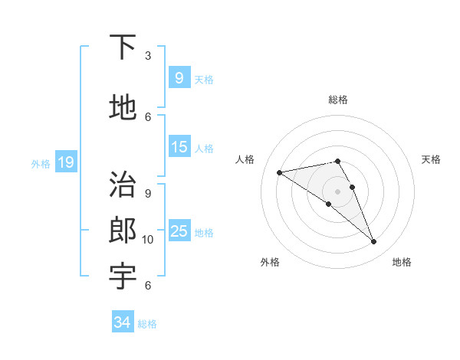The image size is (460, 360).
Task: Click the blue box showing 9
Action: (179, 78)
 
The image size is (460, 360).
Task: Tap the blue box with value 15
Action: (179, 147)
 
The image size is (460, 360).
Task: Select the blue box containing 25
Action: (179, 231)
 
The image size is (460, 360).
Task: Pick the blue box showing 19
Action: (65, 162)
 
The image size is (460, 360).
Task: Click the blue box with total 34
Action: (122, 322)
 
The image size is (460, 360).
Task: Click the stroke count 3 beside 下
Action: (147, 55)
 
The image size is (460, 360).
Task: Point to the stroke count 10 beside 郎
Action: (148, 240)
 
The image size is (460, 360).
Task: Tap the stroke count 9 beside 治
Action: (147, 193)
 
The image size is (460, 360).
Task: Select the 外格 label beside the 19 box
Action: (40, 163)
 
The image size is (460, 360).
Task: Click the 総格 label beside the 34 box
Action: (147, 324)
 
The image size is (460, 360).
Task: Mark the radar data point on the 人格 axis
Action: (279, 172)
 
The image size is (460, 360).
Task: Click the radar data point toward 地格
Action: (374, 242)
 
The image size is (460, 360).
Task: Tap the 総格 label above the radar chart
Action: (337, 100)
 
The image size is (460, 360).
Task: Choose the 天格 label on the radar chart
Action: (431, 159)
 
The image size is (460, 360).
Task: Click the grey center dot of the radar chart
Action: (337, 191)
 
